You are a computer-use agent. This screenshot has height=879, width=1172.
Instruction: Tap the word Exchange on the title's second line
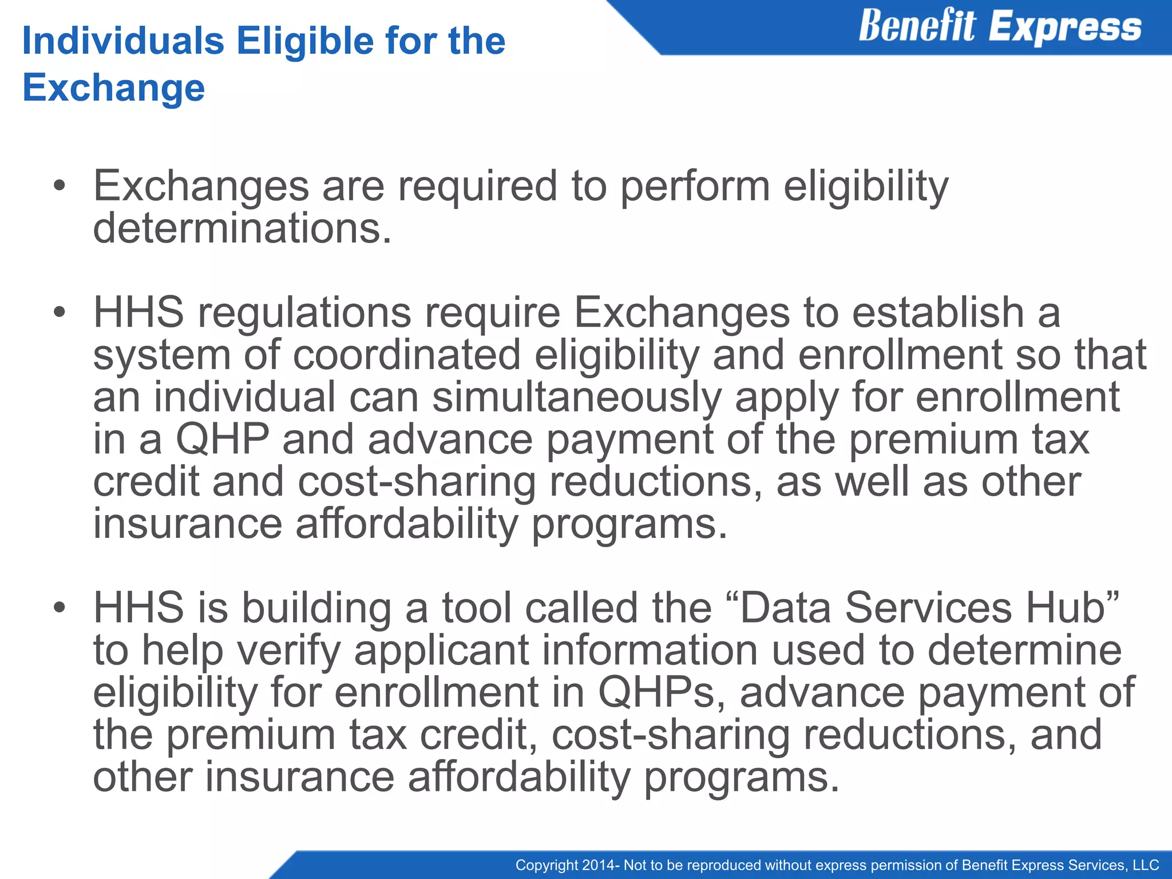click(113, 88)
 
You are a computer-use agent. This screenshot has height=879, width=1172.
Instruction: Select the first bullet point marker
click(60, 187)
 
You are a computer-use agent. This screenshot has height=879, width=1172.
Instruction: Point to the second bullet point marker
click(60, 313)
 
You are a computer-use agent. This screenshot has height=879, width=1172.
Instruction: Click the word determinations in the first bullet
click(242, 228)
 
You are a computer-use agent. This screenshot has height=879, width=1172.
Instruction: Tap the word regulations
click(304, 313)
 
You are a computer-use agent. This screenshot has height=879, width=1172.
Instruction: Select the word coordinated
click(407, 355)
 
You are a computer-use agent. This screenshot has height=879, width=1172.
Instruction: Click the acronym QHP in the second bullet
click(222, 439)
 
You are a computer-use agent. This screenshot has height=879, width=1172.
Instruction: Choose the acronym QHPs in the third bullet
click(656, 692)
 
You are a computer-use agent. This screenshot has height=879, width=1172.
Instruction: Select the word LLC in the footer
click(1145, 865)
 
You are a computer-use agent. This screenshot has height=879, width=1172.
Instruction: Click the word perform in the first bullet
click(695, 187)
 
